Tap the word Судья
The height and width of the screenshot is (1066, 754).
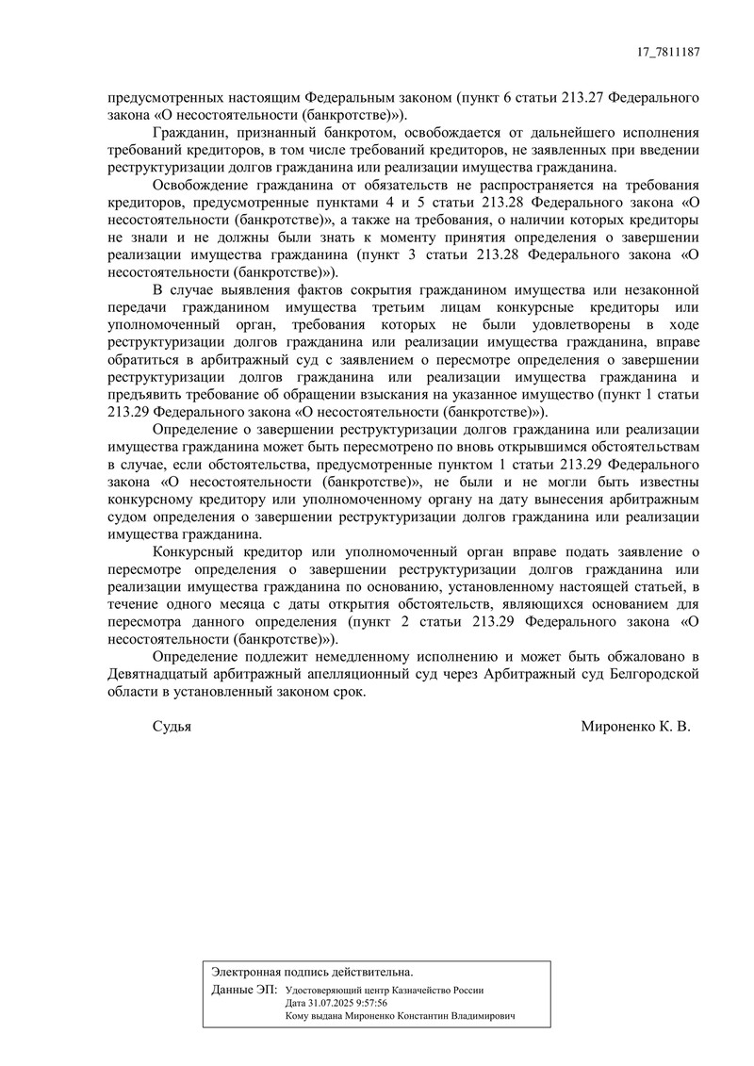click(x=172, y=727)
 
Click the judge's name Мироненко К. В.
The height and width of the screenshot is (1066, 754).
click(x=636, y=727)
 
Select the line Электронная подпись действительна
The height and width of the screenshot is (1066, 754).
click(x=312, y=971)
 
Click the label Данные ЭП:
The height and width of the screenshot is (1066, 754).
click(x=244, y=991)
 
